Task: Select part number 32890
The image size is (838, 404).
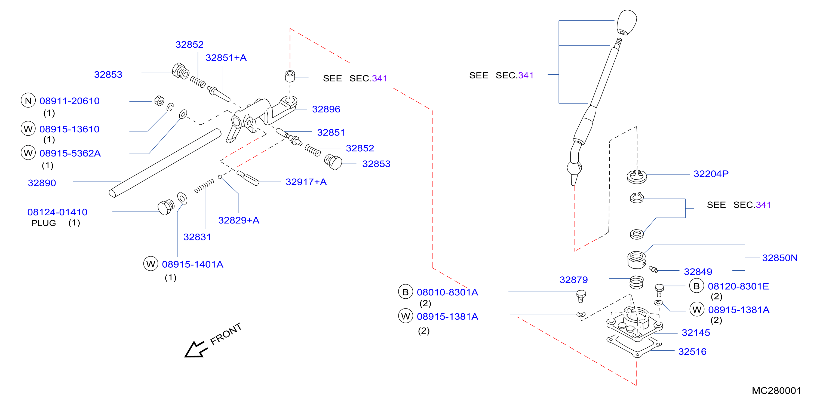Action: [42, 183]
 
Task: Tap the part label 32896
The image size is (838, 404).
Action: [326, 109]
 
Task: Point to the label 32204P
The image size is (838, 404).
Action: [711, 174]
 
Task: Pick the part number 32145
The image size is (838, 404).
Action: [696, 332]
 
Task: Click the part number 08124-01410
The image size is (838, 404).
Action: [57, 212]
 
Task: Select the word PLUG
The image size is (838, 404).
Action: [44, 223]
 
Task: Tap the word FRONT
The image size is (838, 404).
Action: [226, 334]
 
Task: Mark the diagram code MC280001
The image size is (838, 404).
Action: [776, 390]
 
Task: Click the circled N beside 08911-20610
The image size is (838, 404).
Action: [28, 100]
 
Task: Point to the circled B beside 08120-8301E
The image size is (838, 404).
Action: [696, 286]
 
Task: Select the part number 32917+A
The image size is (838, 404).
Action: [306, 182]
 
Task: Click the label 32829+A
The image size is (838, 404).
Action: [238, 220]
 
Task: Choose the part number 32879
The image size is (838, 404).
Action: [573, 280]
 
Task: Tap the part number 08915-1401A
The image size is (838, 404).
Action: [193, 264]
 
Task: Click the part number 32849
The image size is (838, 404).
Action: [698, 272]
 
